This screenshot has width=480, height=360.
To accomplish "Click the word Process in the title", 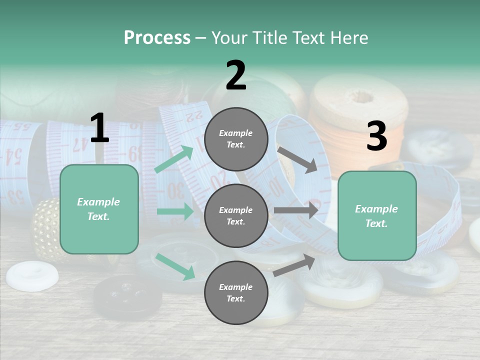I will [157, 38].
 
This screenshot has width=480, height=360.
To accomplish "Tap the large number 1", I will [99, 128].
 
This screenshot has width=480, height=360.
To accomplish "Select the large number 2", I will [236, 75].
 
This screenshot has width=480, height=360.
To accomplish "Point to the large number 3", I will [376, 136].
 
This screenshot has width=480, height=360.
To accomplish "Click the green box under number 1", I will [99, 209].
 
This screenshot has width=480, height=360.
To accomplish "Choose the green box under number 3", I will [377, 216].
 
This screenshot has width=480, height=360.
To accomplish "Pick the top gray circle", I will [236, 139].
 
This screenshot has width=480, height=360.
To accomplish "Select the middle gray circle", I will [236, 216].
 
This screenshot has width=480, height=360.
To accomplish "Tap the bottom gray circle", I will [236, 293].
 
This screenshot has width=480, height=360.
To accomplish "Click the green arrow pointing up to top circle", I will [174, 159].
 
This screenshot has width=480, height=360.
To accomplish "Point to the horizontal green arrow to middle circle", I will [175, 211].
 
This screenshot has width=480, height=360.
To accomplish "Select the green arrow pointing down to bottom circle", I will [175, 266].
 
